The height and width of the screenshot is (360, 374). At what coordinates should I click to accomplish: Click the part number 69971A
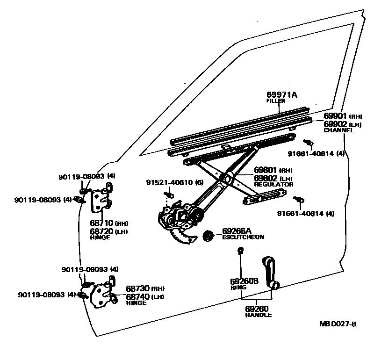pos(282,95)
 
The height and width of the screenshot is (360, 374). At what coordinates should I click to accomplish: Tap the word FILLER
pos(275,101)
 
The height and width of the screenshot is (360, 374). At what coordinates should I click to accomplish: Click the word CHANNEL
pos(339,130)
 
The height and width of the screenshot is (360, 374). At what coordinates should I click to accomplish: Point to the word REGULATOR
pos(274,185)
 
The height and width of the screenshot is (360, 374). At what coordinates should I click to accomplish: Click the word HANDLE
pos(258,315)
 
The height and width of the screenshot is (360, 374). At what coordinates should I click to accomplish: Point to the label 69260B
pos(244,281)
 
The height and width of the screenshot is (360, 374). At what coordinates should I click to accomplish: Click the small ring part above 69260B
pos(241,252)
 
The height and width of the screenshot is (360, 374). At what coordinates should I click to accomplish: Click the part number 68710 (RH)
pos(108,223)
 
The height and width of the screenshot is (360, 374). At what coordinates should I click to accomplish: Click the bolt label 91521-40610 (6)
pos(174,182)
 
